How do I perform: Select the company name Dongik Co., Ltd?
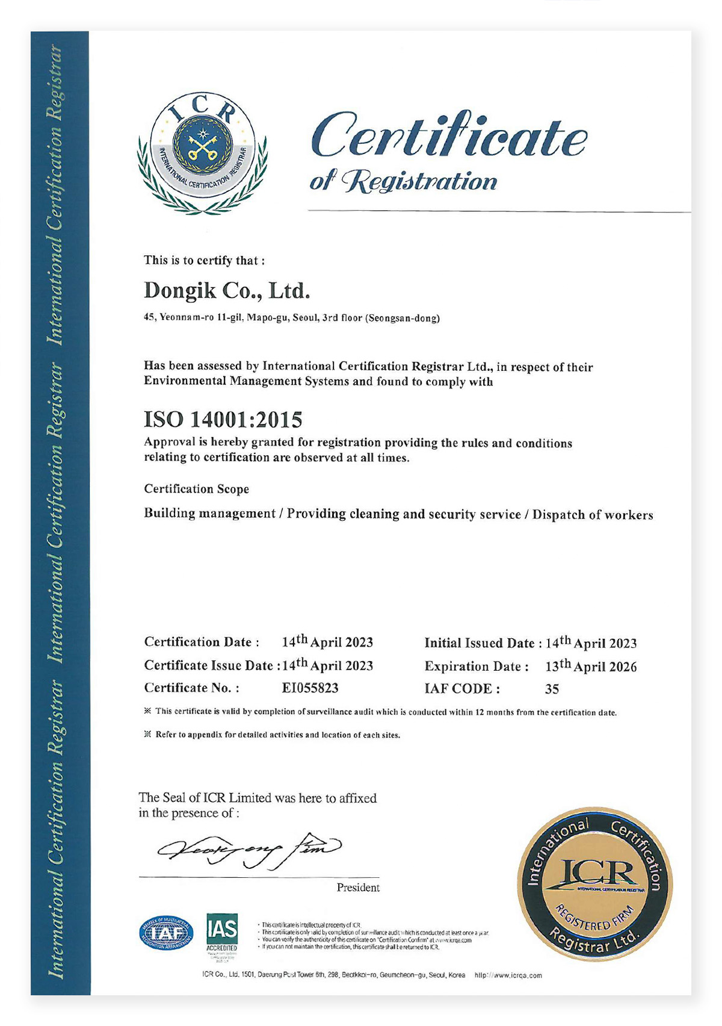click(x=227, y=291)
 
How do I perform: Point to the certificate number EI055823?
click(x=310, y=688)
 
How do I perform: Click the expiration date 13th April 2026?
click(x=590, y=666)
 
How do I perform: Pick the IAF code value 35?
click(x=552, y=689)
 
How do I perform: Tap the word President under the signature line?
click(x=358, y=888)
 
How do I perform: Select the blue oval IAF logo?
click(x=167, y=934)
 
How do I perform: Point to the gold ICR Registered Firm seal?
click(x=594, y=883)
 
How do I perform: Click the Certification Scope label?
click(x=196, y=489)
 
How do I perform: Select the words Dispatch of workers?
click(x=592, y=515)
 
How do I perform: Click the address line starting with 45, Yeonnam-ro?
click(x=291, y=318)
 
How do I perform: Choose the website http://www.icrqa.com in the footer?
click(x=508, y=975)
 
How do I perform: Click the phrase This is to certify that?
click(x=204, y=261)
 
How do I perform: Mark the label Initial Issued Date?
click(x=479, y=643)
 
